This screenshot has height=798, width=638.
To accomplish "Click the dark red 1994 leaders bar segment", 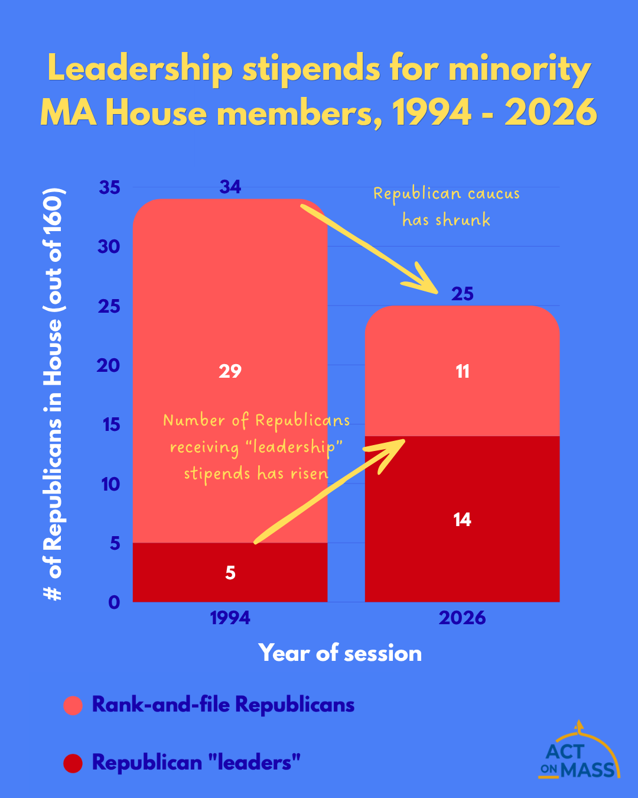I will point(177,572).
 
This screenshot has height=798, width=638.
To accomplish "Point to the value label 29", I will point(230,371).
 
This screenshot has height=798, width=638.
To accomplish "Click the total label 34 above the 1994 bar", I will point(230,187).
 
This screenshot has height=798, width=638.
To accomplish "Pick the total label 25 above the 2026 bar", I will point(463,294).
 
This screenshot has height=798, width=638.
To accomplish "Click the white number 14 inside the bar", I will point(462,520).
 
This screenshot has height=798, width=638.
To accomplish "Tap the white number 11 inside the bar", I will point(463,371).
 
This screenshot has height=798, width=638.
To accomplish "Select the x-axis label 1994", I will point(230,618).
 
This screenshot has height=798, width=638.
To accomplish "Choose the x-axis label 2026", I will point(463,618).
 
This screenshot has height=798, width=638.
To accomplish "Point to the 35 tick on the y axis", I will point(109,187).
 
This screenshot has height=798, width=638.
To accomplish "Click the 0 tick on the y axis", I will point(114,602).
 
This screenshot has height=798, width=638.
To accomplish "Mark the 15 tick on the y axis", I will point(109,424).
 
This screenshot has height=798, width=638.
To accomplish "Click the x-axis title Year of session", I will point(340,653).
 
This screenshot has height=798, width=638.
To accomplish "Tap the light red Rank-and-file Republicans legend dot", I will point(73,705).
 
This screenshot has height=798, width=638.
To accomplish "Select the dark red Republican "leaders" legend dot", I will point(73,763).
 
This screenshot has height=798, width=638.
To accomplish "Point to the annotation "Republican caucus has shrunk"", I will point(447,207).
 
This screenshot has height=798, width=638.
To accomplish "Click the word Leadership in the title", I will point(140,69).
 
